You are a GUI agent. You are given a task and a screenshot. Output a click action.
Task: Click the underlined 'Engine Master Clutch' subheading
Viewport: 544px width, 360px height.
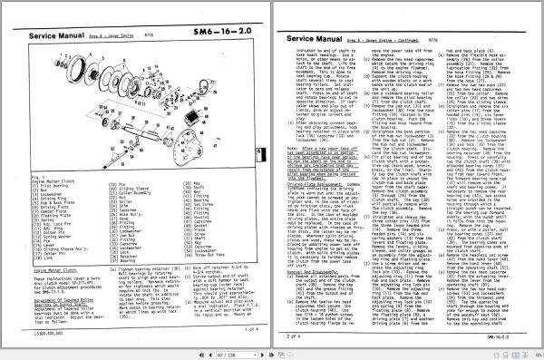[x=55, y=271]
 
